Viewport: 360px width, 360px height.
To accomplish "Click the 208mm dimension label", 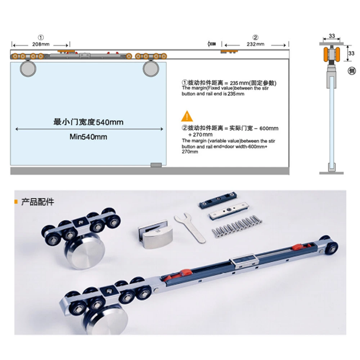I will pyautogui.click(x=41, y=44).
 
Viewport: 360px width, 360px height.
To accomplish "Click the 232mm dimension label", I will pyautogui.click(x=256, y=44).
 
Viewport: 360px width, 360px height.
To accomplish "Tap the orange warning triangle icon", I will pyautogui.click(x=187, y=116).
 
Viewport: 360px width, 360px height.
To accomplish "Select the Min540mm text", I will pyautogui.click(x=88, y=137).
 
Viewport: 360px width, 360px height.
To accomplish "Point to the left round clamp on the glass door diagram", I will pyautogui.click(x=28, y=69).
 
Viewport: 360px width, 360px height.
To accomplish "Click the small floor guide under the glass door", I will pyautogui.click(x=156, y=165).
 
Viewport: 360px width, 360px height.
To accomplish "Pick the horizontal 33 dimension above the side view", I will pyautogui.click(x=332, y=36).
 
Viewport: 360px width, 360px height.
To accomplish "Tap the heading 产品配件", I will pyautogui.click(x=37, y=202).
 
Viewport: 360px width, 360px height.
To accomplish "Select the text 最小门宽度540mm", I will pyautogui.click(x=88, y=122).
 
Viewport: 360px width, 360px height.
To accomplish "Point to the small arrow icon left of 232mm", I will pyautogui.click(x=212, y=44).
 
